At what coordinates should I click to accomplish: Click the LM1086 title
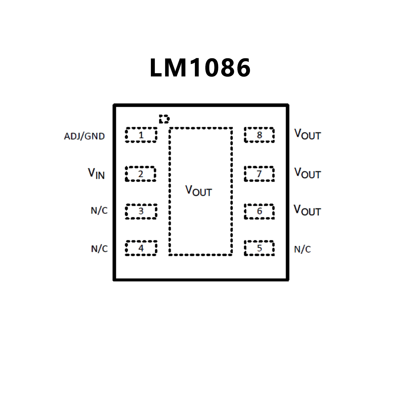[x=200, y=67]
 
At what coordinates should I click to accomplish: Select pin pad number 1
[x=141, y=135]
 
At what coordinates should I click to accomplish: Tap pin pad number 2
[x=140, y=174]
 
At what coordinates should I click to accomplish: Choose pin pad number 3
[x=141, y=211]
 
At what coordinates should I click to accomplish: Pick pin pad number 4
[x=141, y=248]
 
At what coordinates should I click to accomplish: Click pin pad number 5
[x=259, y=248]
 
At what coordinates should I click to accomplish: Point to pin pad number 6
[x=259, y=211]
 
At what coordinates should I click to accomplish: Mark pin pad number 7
[x=259, y=174]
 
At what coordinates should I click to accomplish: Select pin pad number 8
[x=259, y=135]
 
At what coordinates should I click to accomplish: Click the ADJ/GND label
[x=84, y=136]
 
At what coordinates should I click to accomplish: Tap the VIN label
[x=96, y=174]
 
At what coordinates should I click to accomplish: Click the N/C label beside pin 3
[x=99, y=211]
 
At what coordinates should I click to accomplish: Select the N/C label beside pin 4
[x=99, y=249]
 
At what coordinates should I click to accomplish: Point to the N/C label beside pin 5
[x=302, y=249]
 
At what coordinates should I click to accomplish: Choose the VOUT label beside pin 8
[x=307, y=134]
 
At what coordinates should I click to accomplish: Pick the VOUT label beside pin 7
[x=307, y=173]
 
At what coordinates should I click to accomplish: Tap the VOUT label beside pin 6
[x=307, y=210]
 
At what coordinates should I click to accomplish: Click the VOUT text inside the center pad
[x=199, y=191]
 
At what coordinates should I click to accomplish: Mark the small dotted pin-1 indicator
[x=164, y=119]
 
